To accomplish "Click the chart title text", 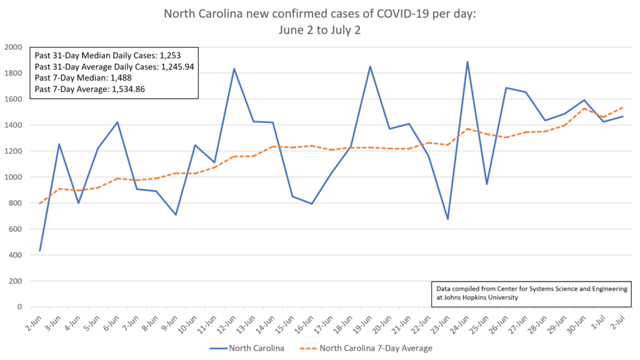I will pyautogui.click(x=320, y=21).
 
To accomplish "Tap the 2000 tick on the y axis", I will pyautogui.click(x=13, y=47).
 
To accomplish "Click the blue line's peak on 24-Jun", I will pyautogui.click(x=467, y=62).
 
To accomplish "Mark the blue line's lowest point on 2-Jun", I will pyautogui.click(x=40, y=251).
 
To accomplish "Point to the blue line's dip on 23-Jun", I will pyautogui.click(x=448, y=219).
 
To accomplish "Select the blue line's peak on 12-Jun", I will pyautogui.click(x=234, y=69).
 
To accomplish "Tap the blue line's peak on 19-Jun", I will pyautogui.click(x=370, y=66).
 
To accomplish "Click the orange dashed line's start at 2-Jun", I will pyautogui.click(x=40, y=203).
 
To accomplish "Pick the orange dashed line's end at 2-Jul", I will pyautogui.click(x=622, y=107).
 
